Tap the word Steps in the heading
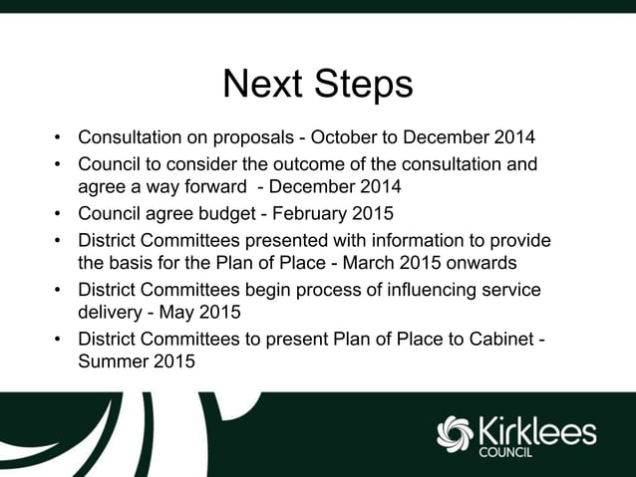pyautogui.click(x=363, y=86)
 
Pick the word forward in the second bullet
pyautogui.click(x=207, y=185)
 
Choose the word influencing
pyautogui.click(x=420, y=290)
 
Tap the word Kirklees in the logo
pyautogui.click(x=537, y=430)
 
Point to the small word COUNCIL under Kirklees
pyautogui.click(x=505, y=452)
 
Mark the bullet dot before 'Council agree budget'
pyautogui.click(x=59, y=214)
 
